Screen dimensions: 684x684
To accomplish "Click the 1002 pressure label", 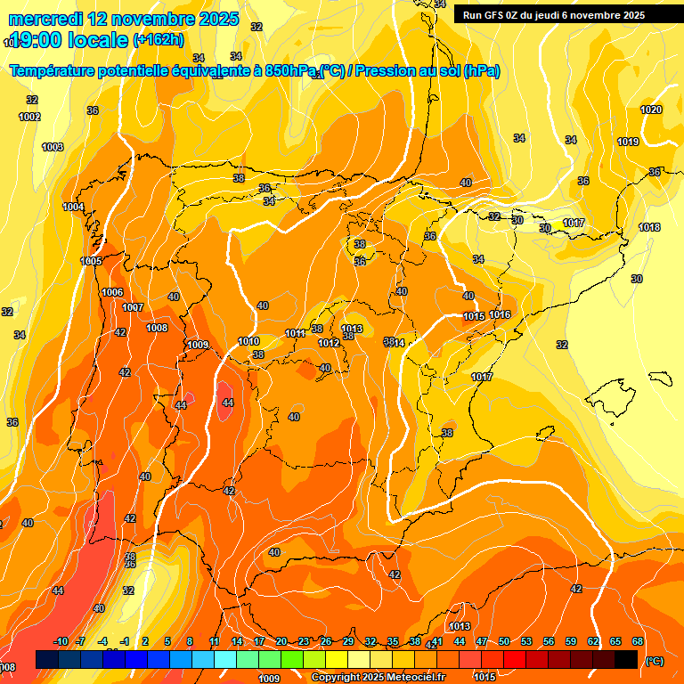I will coord(29,117).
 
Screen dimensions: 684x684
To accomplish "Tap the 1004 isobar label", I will coord(73,207).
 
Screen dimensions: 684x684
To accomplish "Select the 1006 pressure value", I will coord(112,292).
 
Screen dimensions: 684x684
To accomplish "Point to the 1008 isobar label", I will coord(157,328).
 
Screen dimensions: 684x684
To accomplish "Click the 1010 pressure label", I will coord(249,341).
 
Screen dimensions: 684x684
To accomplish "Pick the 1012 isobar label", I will coord(329,343).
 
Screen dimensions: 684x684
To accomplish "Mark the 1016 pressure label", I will coord(500,314).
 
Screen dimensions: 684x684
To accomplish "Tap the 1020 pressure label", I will coord(651,110).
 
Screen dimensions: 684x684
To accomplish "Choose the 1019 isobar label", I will coord(628,142).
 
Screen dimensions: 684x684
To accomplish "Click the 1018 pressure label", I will coord(649,227).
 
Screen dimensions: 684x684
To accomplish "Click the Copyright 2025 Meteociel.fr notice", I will coord(378,678).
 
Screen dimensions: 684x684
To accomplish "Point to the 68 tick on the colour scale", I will coord(638,641).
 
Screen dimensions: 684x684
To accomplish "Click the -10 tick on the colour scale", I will coord(61,641).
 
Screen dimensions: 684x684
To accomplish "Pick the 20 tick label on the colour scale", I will coord(281,641).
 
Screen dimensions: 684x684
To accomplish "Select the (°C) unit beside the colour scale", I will coord(654,661).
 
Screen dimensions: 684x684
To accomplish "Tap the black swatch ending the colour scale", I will coord(626,659).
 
